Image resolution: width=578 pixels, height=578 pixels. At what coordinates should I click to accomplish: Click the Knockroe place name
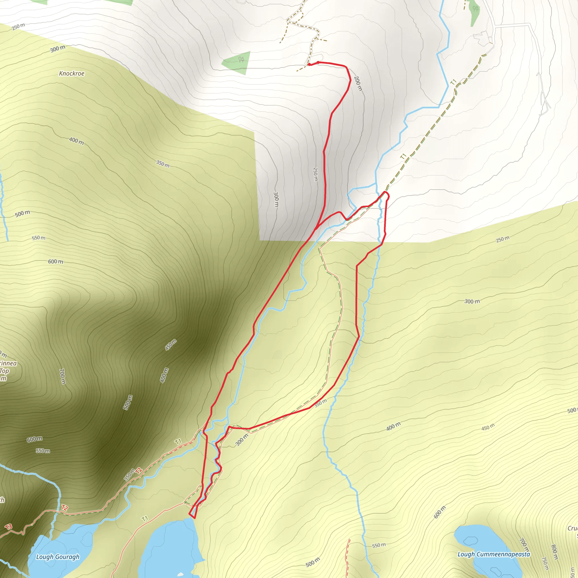pos(71,74)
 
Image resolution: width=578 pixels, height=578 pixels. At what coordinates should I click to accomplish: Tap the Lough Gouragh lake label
pos(58,557)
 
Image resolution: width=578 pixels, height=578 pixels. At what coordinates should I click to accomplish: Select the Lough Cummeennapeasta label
pos(494,554)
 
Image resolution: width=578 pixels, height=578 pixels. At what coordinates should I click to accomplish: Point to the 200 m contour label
pos(358,84)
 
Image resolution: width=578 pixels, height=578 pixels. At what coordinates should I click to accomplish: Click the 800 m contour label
pos(554,552)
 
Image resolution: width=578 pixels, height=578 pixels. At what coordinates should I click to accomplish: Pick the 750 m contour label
pos(545,563)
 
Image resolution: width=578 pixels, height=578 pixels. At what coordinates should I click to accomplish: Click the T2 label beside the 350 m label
pos(139,470)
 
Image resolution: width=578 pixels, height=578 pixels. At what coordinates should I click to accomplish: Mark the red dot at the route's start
pos(309,64)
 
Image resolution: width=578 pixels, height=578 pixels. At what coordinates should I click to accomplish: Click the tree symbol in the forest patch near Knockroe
pos(241,59)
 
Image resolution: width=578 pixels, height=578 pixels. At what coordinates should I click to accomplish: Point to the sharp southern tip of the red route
pos(194,518)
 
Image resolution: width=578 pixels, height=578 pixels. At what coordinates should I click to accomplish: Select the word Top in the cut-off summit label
pos(4,371)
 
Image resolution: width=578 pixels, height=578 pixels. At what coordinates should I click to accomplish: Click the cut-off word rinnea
pos(8,363)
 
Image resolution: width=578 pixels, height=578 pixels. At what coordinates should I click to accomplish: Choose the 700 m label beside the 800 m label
pos(523,545)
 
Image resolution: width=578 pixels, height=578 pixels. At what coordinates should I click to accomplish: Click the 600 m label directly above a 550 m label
pos(34,439)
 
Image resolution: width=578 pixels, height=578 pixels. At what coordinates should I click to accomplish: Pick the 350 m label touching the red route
pos(321,403)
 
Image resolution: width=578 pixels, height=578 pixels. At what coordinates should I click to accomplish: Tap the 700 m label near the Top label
pos(62,376)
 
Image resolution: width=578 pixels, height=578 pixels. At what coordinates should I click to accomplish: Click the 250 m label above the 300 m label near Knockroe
pos(19,27)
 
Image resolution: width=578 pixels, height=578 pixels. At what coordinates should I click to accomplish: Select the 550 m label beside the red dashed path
pos(379,545)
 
